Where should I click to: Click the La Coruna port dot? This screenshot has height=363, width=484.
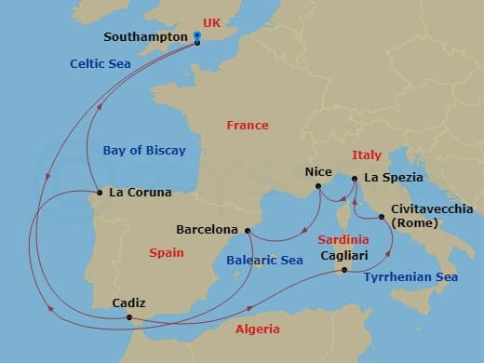pyautogui.click(x=99, y=194)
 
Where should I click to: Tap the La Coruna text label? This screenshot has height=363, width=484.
pyautogui.click(x=140, y=194)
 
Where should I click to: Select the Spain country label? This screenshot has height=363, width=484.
pyautogui.click(x=166, y=253)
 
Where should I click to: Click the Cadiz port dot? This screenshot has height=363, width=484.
pyautogui.click(x=128, y=318)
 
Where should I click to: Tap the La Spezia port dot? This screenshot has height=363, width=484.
pyautogui.click(x=353, y=178)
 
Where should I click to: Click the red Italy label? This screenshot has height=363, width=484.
pyautogui.click(x=367, y=155)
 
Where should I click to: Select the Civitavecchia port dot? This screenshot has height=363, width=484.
pyautogui.click(x=383, y=217)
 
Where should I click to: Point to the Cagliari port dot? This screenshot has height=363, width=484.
pyautogui.click(x=344, y=270)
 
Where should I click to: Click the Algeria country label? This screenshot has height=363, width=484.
pyautogui.click(x=258, y=329)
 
